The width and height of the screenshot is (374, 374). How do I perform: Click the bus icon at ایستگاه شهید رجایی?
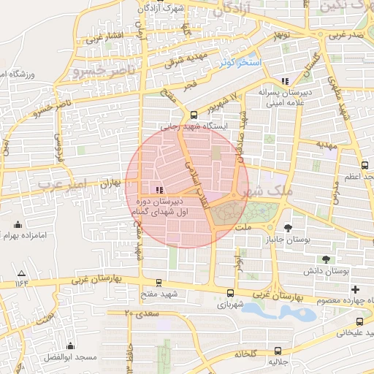[x=194, y=114]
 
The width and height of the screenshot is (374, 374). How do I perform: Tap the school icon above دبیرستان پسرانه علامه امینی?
[x=284, y=82]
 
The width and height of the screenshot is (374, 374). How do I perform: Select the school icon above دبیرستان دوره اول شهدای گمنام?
[x=159, y=189]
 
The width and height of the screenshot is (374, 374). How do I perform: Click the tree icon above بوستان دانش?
[x=326, y=259]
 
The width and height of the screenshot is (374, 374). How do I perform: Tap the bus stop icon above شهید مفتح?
[x=159, y=283]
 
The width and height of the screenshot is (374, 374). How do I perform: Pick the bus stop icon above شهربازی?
[x=232, y=292]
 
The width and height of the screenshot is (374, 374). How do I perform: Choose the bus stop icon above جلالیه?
[x=276, y=351]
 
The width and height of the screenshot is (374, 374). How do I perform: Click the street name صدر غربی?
[x=345, y=34]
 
